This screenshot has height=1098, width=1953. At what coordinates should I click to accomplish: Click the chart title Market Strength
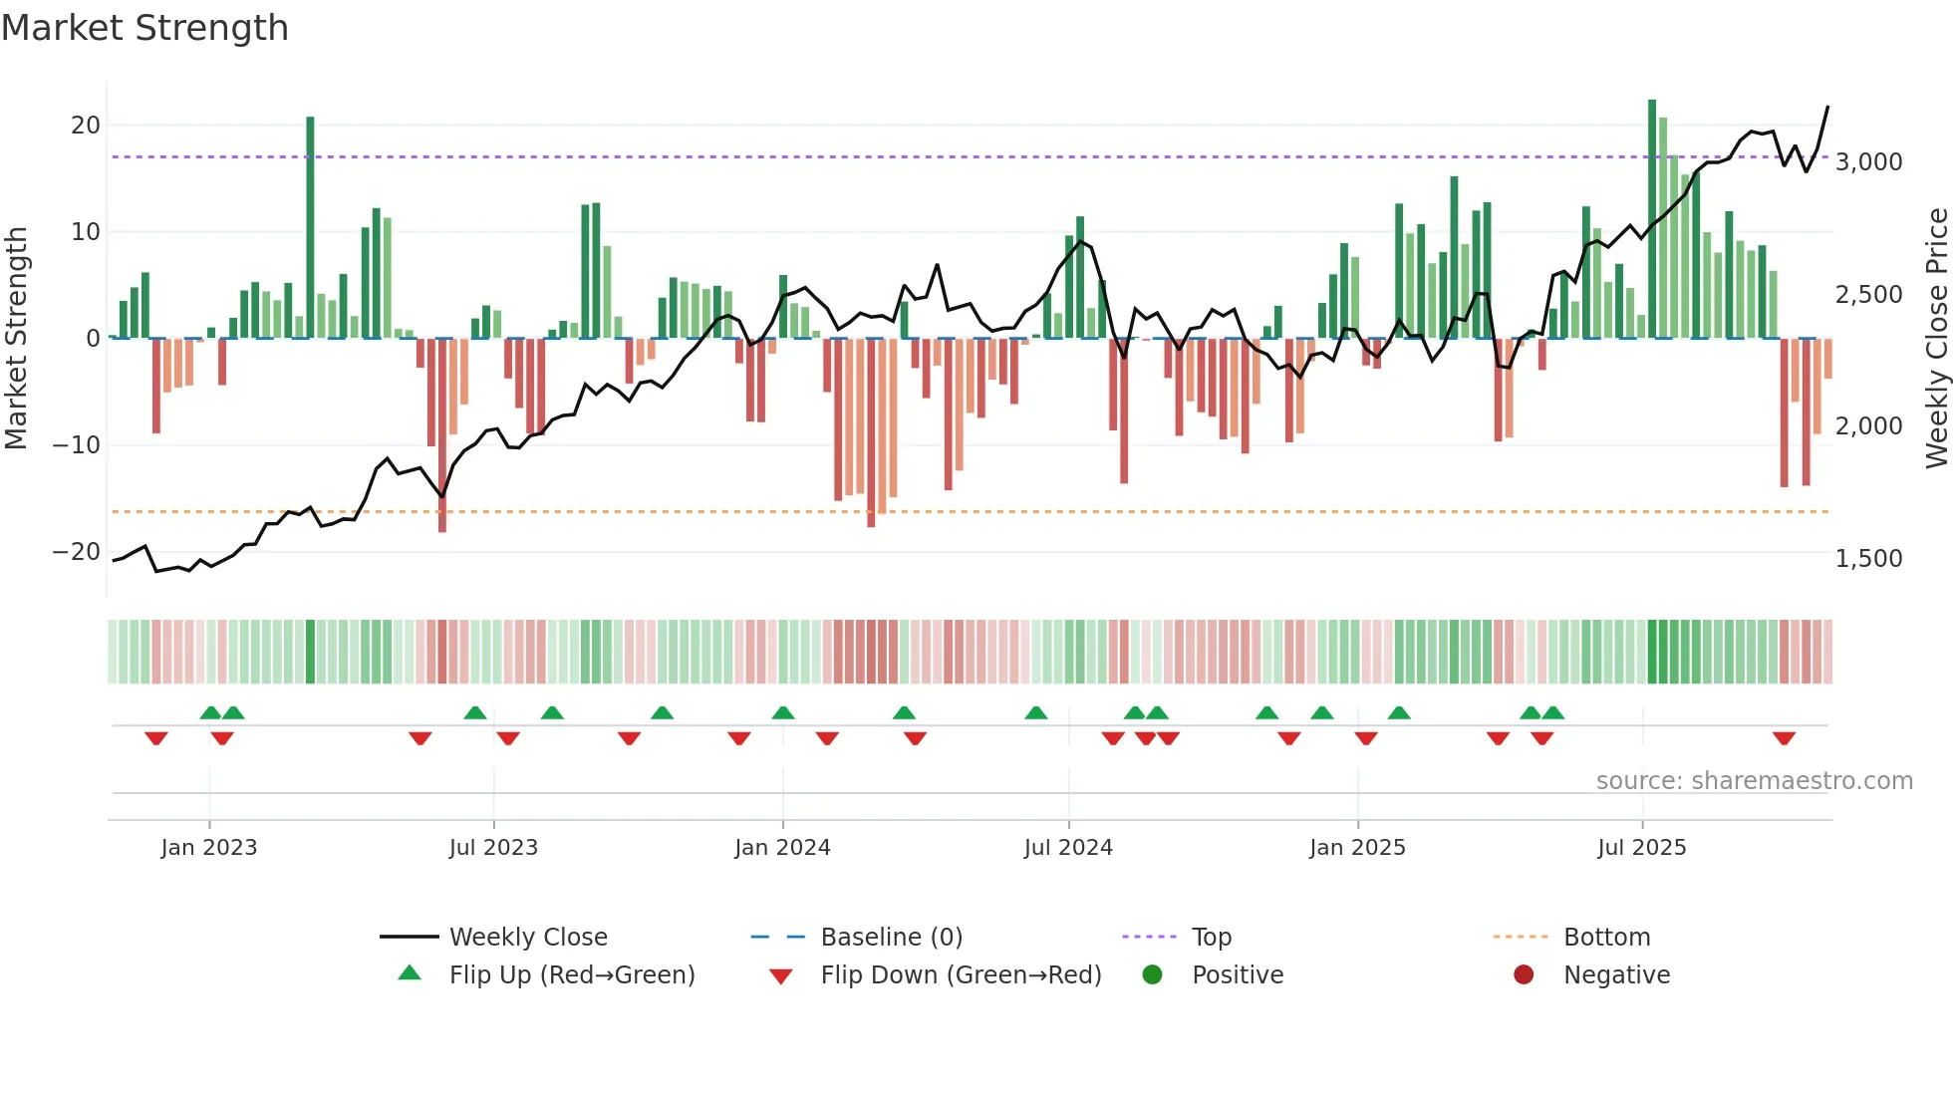coord(144,28)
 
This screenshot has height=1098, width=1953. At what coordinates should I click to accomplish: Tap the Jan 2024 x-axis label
coord(782,848)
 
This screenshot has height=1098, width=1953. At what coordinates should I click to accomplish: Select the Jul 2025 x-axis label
coord(1641,848)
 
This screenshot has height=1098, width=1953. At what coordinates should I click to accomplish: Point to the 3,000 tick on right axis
coord(1868,161)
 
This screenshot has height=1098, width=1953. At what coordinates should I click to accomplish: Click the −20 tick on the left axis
coord(77,552)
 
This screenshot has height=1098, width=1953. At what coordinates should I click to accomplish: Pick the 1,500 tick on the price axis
coord(1868,558)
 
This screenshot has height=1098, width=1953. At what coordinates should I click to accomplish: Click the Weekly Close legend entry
coord(527,938)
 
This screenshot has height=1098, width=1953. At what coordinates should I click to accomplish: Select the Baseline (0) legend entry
coord(891,938)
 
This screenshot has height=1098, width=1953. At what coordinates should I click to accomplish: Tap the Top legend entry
coord(1211,938)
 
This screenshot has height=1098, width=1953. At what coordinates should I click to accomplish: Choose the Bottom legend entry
coord(1606,938)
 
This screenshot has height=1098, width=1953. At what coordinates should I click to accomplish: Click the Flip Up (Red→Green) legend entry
coord(571,975)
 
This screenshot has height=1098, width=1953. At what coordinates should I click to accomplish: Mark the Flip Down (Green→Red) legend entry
coord(961,975)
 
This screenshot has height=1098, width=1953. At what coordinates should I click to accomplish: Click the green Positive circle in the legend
coord(1153,975)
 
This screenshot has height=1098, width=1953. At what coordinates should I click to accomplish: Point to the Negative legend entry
coord(1616,975)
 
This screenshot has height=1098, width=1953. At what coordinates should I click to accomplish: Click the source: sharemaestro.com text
coord(1754,781)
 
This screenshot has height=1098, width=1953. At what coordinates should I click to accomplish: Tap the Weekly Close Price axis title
coord(1936,339)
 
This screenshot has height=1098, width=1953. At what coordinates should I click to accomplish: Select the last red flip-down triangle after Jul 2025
coord(1784,738)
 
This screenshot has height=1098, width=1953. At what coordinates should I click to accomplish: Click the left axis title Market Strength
coord(16,339)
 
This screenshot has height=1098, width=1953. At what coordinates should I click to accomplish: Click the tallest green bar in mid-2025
coord(1652,219)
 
